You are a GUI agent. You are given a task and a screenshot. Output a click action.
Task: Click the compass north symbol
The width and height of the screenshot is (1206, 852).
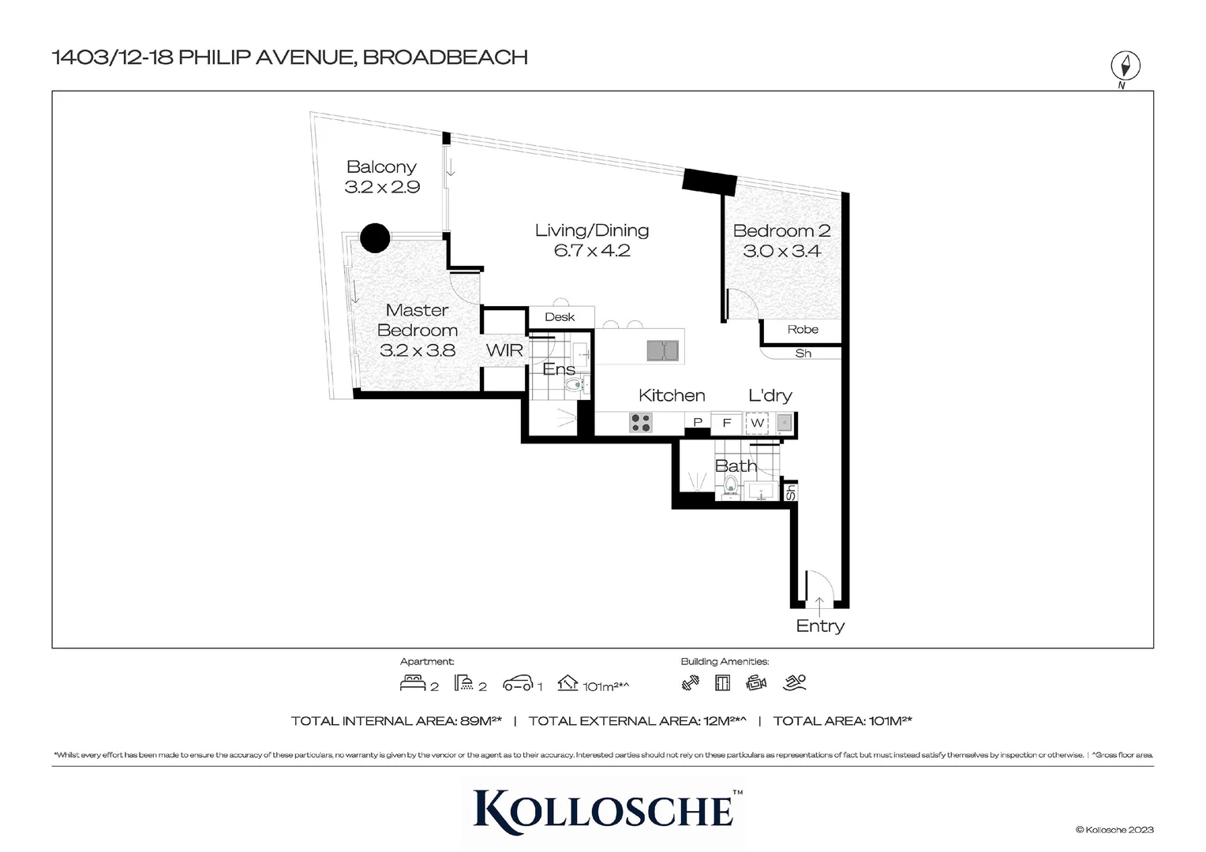pos(1125,66)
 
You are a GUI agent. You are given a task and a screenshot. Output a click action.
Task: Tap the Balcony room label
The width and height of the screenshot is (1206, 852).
pos(381,167)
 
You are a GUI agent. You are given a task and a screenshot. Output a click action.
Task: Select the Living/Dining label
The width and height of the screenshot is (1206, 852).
pos(592,230)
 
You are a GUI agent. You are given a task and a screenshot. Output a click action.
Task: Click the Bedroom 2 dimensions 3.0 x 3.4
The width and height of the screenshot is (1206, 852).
pos(781,252)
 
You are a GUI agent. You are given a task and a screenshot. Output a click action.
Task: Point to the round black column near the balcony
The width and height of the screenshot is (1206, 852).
pos(375,237)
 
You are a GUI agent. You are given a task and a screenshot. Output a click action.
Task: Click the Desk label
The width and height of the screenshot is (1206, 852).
pos(560,317)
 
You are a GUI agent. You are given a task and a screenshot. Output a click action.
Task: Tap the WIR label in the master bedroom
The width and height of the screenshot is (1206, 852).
pos(504,350)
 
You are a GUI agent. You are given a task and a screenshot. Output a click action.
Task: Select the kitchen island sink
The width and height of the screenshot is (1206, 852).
pos(662,350)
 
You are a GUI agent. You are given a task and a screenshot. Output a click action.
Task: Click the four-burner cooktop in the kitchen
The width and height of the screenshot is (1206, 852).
pos(641,424)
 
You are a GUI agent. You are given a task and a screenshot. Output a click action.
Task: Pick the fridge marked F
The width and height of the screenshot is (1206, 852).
pos(727,424)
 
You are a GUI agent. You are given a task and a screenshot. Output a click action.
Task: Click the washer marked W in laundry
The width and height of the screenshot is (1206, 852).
pos(757,424)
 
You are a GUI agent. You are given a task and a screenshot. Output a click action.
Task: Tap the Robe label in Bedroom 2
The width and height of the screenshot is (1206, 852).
pos(803,330)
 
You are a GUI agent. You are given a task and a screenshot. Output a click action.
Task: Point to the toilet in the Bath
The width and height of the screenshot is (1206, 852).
pos(731,486)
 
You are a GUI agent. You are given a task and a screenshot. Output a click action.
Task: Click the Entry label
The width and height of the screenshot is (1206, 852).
pos(820,626)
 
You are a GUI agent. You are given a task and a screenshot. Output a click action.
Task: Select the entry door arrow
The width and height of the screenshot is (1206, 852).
pos(820,606)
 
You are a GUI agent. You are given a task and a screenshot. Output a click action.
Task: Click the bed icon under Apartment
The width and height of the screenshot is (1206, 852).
pos(413,683)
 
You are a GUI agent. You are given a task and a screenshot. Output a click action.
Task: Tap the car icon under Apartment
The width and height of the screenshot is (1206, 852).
pos(518,683)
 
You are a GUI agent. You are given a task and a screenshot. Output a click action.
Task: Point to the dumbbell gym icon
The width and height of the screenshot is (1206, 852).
pos(691,683)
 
